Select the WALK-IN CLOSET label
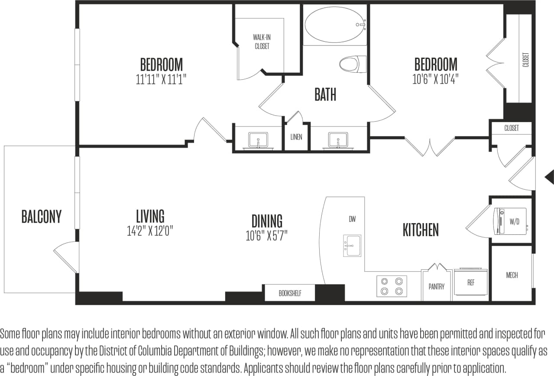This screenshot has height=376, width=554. pyautogui.click(x=262, y=42)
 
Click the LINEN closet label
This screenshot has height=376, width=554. pyautogui.click(x=296, y=137)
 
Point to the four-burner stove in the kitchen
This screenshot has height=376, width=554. pyautogui.click(x=392, y=286)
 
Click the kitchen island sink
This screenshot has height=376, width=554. pyautogui.click(x=352, y=246)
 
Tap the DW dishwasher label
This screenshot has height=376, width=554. pyautogui.click(x=352, y=220)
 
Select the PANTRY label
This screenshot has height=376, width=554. pyautogui.click(x=437, y=286)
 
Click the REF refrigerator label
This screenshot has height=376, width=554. pyautogui.click(x=471, y=282)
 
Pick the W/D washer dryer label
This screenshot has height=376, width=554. pyautogui.click(x=514, y=222)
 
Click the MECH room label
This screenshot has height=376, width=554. pyautogui.click(x=512, y=275)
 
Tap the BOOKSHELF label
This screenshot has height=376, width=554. pyautogui.click(x=290, y=293)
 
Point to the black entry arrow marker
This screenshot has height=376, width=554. pyautogui.click(x=549, y=176)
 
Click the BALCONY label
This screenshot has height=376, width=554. pyautogui.click(x=42, y=216)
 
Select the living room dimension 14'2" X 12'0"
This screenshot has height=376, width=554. pyautogui.click(x=150, y=231)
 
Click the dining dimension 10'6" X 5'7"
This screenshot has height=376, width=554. pyautogui.click(x=267, y=236)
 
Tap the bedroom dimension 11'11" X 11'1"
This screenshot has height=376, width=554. pyautogui.click(x=161, y=80)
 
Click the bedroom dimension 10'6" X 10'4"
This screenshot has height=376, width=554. pyautogui.click(x=435, y=79)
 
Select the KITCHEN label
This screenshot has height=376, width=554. pyautogui.click(x=421, y=230)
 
